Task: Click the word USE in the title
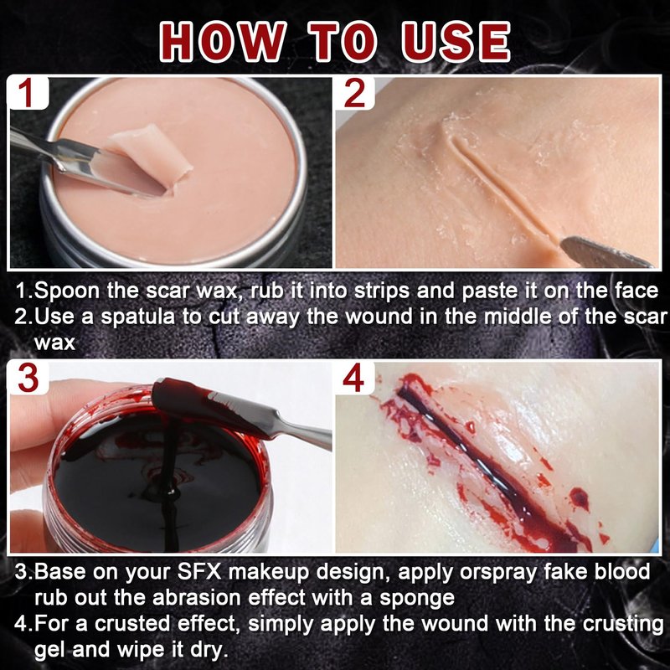[x=456, y=42]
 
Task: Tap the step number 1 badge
[x=27, y=92]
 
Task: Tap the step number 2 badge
[x=354, y=92]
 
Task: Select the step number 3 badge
[x=28, y=378]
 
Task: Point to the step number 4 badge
[x=353, y=378]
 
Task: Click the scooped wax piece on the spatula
[x=150, y=155]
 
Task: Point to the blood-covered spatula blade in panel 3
[x=201, y=406]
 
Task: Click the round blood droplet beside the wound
[x=579, y=498]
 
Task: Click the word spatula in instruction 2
[x=137, y=317]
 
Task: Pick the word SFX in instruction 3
[x=199, y=572]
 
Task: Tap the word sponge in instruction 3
[x=417, y=598]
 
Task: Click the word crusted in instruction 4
[x=131, y=624]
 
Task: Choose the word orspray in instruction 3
[x=497, y=573]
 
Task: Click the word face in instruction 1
[x=636, y=291]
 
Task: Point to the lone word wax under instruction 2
[x=54, y=343]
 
